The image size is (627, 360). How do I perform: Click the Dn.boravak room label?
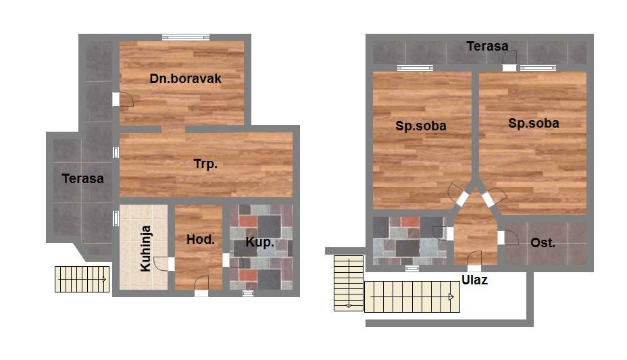(185, 78)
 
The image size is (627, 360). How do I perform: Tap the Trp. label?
(205, 164)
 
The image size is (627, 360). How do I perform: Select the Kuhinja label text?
(145, 249)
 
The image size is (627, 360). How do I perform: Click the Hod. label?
(201, 239)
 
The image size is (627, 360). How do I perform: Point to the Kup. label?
(260, 242)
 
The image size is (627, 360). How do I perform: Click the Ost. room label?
(543, 242)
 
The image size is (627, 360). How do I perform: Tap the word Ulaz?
(475, 280)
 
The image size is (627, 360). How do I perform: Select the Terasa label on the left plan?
(83, 178)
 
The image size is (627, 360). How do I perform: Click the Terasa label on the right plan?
(487, 47)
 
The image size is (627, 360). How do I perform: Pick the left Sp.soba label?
(421, 126)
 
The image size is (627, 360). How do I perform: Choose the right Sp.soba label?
(534, 123)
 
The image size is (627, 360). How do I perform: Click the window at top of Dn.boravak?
(186, 38)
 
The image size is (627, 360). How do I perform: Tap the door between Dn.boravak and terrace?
(122, 99)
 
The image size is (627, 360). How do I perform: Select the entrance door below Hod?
(201, 286)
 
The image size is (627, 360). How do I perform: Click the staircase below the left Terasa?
(82, 279)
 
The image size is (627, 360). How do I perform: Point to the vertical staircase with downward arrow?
(349, 283)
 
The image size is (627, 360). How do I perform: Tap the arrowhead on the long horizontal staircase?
(451, 297)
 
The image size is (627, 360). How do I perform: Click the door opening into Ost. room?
(508, 237)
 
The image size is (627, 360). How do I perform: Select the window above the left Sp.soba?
(415, 68)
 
